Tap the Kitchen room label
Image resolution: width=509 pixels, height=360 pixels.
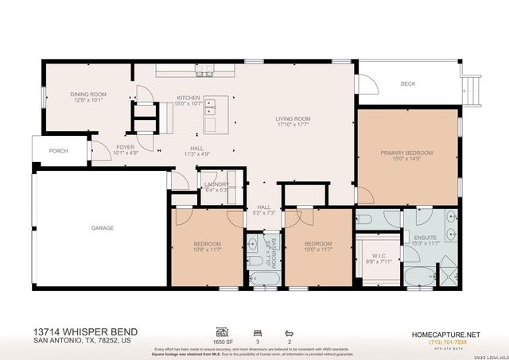coord(188,99)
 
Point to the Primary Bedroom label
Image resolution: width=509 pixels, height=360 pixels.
coord(406,153)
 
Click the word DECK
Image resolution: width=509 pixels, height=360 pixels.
coord(408,83)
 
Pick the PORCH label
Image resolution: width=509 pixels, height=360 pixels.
coord(58,150)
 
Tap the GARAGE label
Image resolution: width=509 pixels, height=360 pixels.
coord(102,228)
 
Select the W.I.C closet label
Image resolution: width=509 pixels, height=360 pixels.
coord(374,256)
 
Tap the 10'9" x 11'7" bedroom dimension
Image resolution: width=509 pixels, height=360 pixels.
coord(208,250)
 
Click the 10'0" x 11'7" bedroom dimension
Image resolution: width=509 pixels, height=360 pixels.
coord(318,250)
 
